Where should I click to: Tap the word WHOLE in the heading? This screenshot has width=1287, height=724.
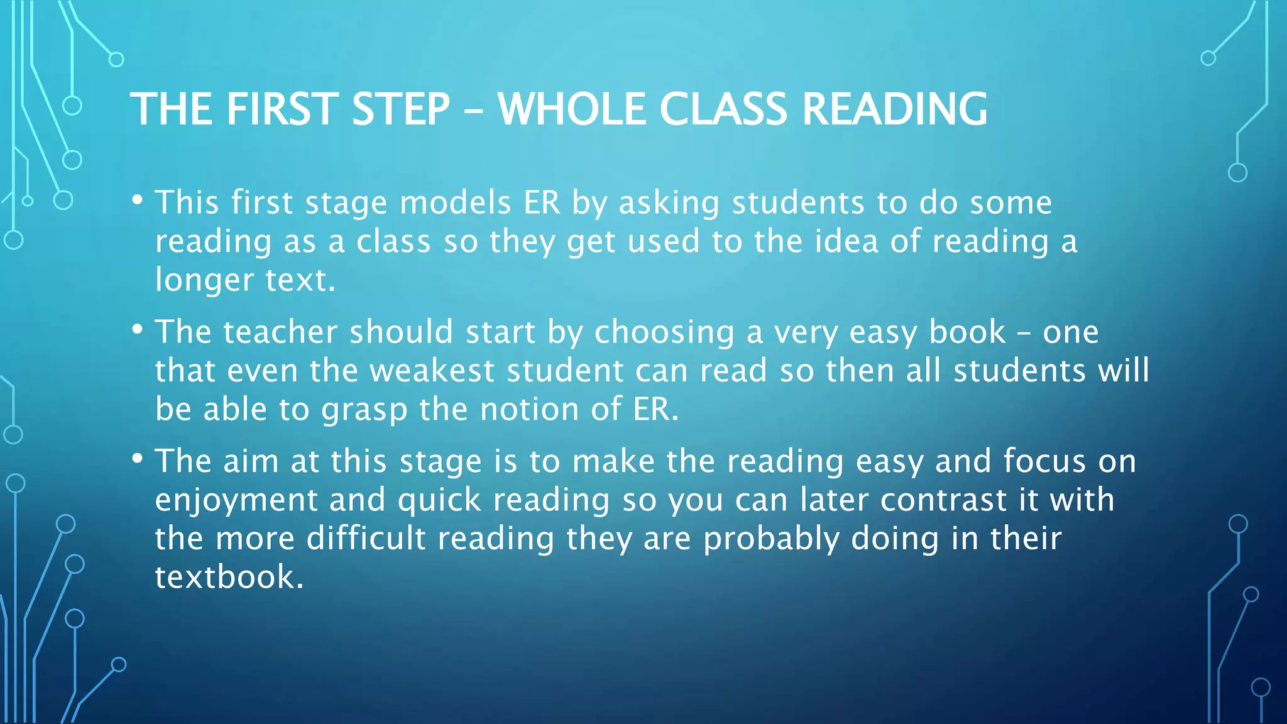[x=572, y=109]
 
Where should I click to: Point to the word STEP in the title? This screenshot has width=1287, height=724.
[x=401, y=109]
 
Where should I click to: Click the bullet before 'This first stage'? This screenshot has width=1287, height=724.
[x=137, y=200]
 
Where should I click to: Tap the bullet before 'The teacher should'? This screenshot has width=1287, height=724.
[x=137, y=330]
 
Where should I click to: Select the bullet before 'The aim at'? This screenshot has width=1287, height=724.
[x=137, y=459]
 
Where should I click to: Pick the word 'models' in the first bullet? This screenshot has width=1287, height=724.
[x=456, y=203]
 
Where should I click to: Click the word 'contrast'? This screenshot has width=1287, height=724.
[x=943, y=500]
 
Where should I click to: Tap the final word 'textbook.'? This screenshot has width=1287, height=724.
[x=229, y=578]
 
